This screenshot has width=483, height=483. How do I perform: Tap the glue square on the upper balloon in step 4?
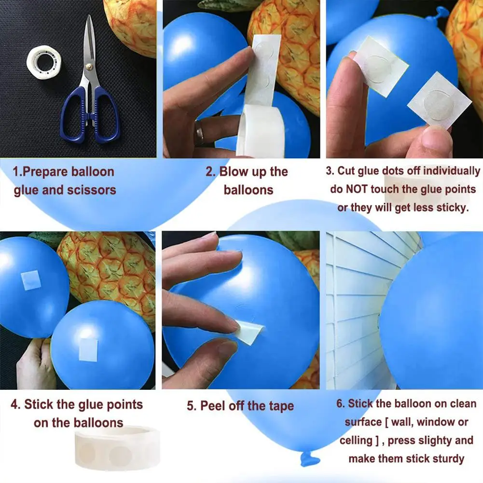point(31,280)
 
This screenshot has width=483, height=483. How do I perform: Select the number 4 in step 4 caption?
point(15,404)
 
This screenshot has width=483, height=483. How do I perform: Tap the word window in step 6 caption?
point(435,422)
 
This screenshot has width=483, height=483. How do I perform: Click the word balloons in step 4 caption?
point(99,423)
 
